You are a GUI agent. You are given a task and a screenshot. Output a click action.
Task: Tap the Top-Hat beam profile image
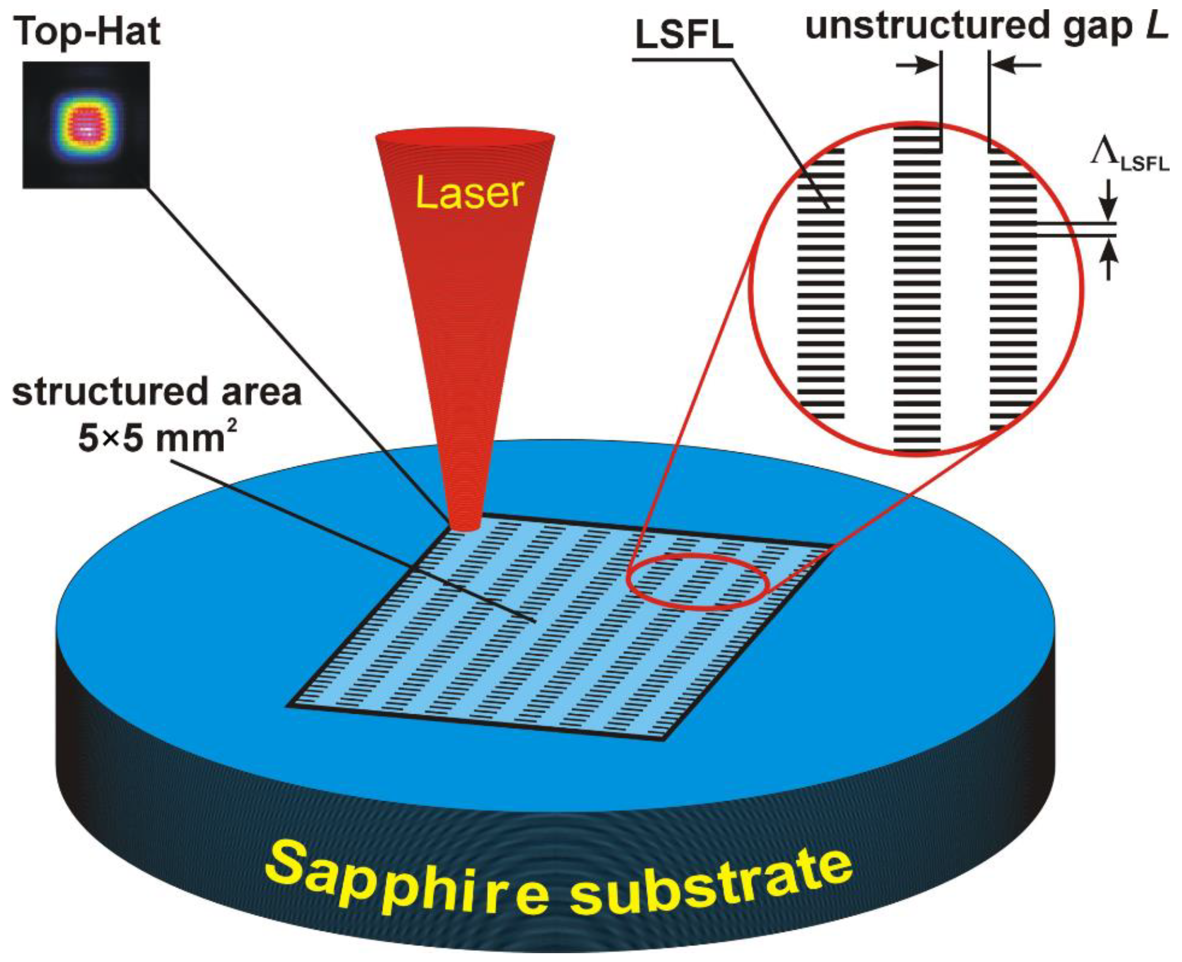[x=86, y=125]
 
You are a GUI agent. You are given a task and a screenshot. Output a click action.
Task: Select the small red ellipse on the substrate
[x=697, y=581]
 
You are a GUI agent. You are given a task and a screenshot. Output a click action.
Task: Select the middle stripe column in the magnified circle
[x=917, y=294]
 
